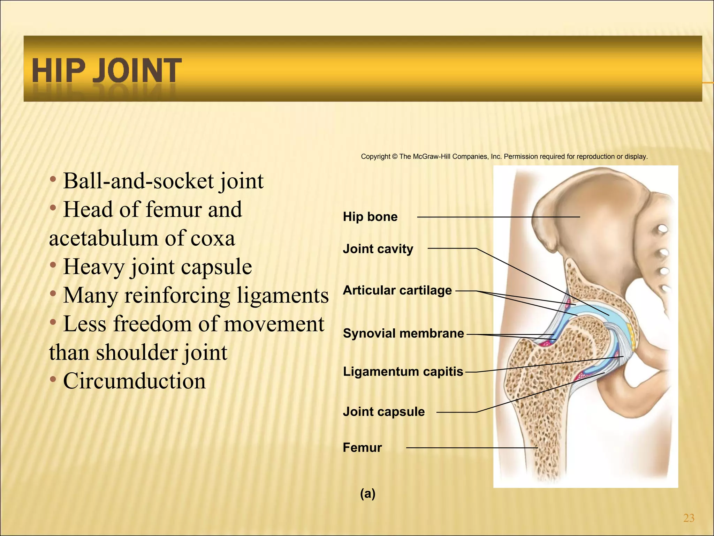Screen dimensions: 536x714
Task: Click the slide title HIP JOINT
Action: [106, 71]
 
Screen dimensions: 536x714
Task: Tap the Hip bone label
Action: [370, 217]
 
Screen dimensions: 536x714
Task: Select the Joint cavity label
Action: [378, 249]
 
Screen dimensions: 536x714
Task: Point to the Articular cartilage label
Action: [397, 290]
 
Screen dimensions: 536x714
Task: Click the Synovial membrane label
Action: [403, 333]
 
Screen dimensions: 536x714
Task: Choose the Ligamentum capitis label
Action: [403, 372]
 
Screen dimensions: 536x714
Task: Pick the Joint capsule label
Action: [383, 412]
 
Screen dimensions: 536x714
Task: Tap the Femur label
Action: [362, 447]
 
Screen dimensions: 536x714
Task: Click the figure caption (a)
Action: [367, 493]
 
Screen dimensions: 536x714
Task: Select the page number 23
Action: [689, 518]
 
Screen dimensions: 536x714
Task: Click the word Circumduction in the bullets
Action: [134, 381]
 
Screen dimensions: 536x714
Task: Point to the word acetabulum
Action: [103, 238]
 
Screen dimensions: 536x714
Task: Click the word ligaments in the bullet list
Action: [283, 296]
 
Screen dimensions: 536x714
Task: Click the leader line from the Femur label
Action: [471, 448]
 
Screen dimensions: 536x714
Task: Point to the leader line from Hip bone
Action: [499, 217]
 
